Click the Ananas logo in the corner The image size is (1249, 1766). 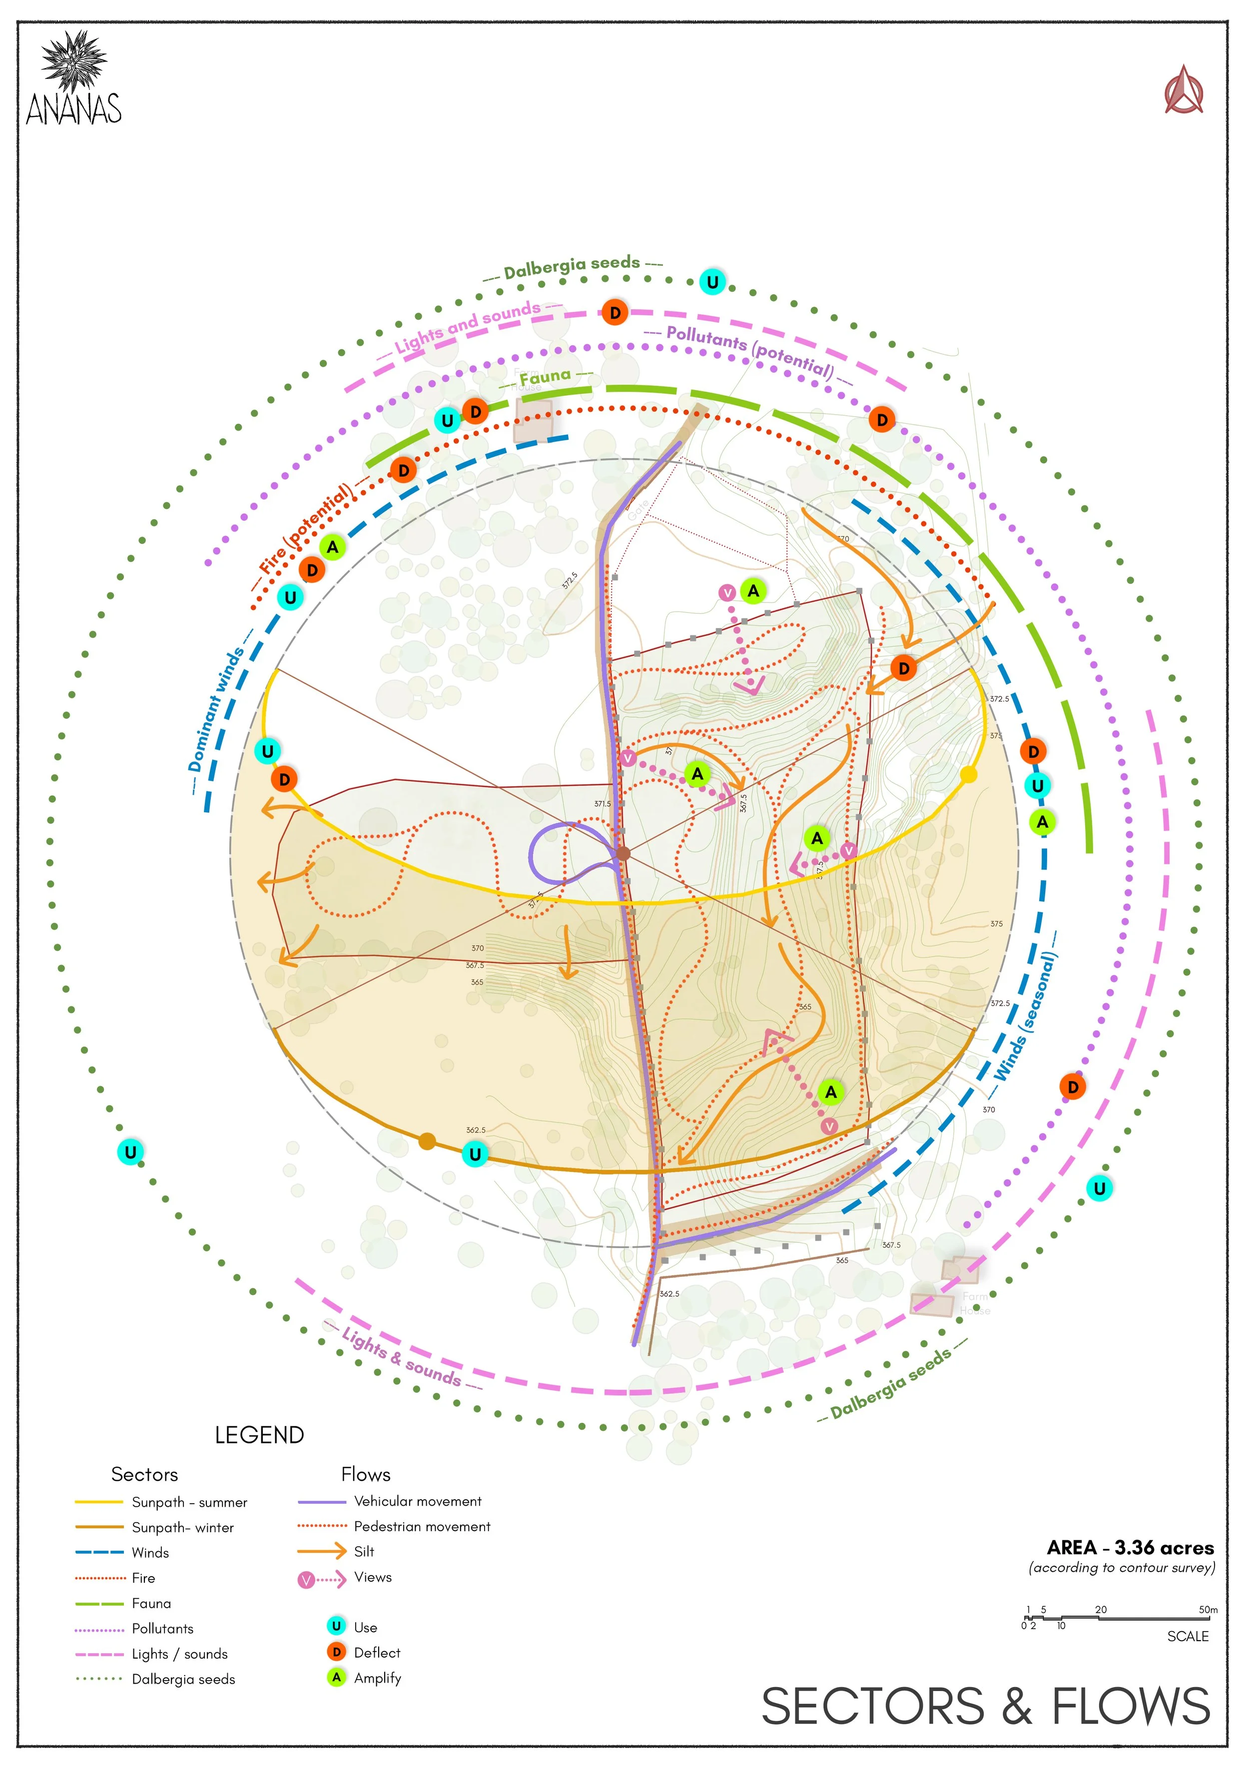click(74, 79)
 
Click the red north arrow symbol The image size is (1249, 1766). click(1183, 91)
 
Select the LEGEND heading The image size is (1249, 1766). click(259, 1435)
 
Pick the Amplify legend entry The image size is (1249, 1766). click(377, 1678)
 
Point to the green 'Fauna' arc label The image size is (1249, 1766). click(545, 377)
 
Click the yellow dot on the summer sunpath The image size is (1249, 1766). click(968, 774)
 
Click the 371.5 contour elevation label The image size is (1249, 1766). click(602, 804)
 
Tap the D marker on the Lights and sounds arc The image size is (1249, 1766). click(615, 313)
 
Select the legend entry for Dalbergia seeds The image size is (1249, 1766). click(183, 1679)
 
